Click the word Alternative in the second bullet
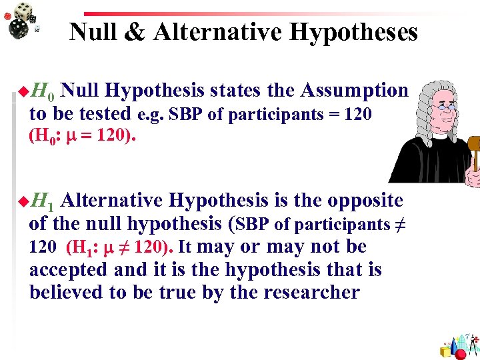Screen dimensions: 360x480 tap(114, 200)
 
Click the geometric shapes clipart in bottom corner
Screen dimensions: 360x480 tap(460, 344)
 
